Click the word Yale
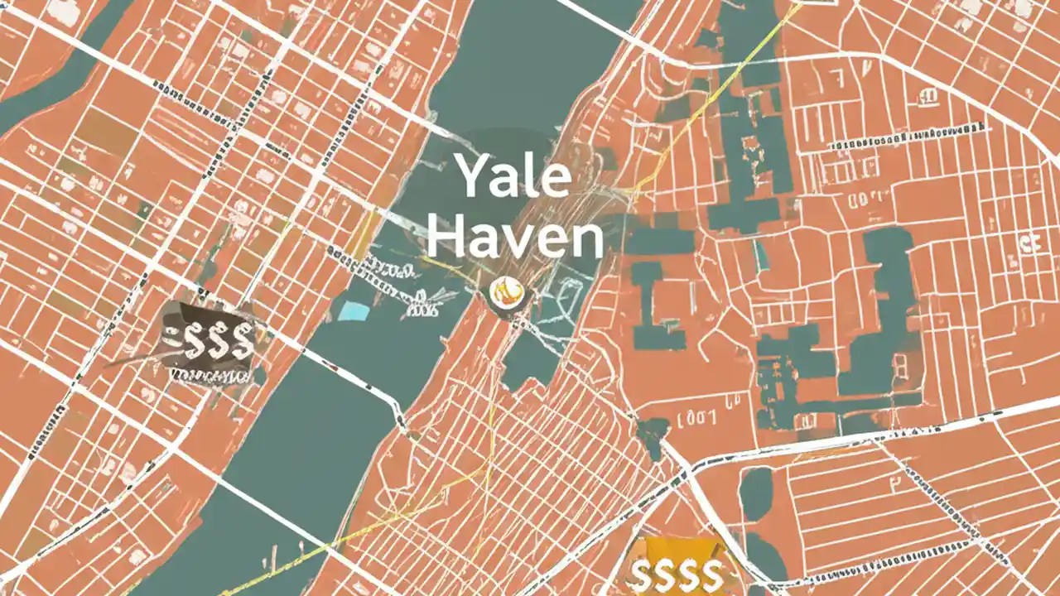[513, 175]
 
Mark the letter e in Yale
[556, 180]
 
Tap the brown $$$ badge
[210, 341]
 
